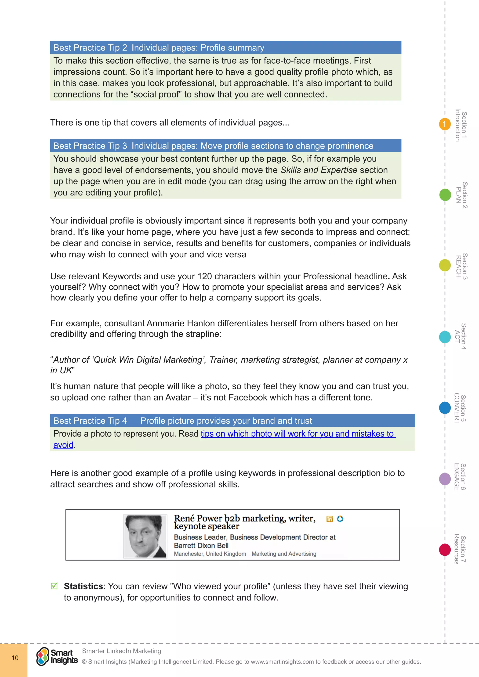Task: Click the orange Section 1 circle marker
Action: (444, 124)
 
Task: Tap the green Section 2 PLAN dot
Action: (445, 195)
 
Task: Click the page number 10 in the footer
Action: (15, 658)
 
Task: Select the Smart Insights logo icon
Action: (43, 656)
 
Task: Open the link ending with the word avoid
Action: (63, 445)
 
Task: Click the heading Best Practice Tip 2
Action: (90, 48)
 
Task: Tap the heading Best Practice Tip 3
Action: (90, 146)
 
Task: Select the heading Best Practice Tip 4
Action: (90, 421)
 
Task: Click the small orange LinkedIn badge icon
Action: (330, 519)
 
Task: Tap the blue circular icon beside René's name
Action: (340, 519)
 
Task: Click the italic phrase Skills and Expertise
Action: (319, 170)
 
